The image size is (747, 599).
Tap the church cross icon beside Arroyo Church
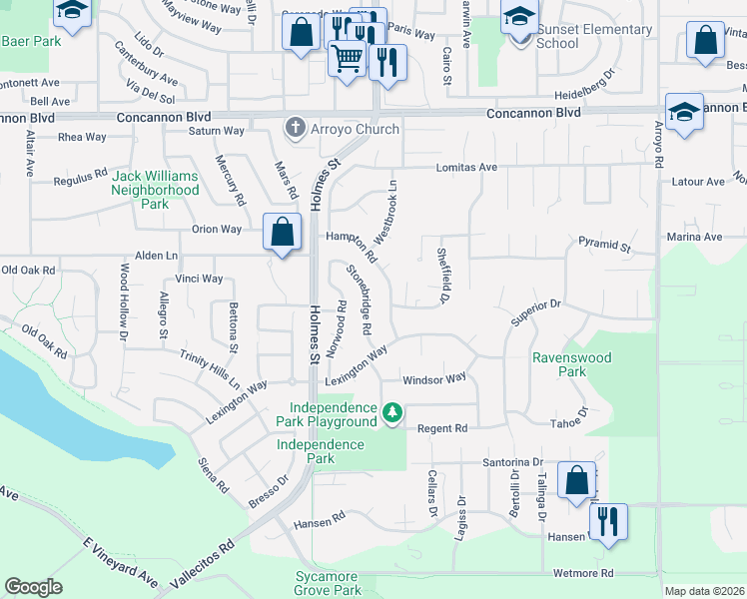pyautogui.click(x=295, y=128)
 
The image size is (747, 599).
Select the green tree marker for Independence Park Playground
pyautogui.click(x=393, y=412)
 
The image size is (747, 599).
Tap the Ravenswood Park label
pyautogui.click(x=572, y=364)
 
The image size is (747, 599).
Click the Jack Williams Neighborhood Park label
pyautogui.click(x=155, y=190)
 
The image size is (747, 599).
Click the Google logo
pyautogui.click(x=33, y=586)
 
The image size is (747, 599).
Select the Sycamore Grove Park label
pyautogui.click(x=328, y=584)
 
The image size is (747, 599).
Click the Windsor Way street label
pyautogui.click(x=434, y=379)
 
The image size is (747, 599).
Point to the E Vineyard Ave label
pyautogui.click(x=121, y=563)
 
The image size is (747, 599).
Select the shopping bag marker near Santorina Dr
pyautogui.click(x=577, y=480)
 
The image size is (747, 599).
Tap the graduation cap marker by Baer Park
pyautogui.click(x=72, y=13)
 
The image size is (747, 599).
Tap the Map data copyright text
pyautogui.click(x=704, y=591)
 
